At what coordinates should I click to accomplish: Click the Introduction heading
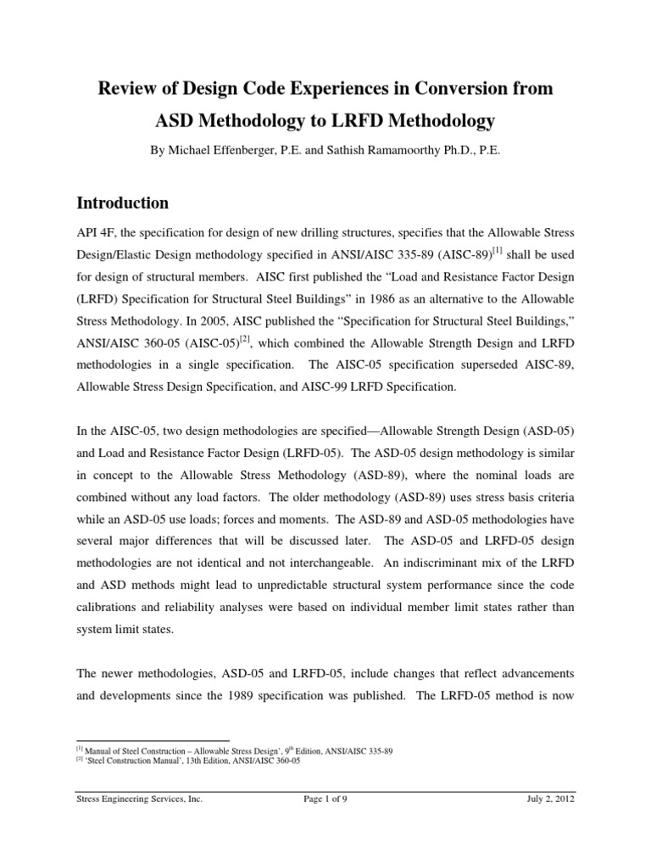coord(123,203)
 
